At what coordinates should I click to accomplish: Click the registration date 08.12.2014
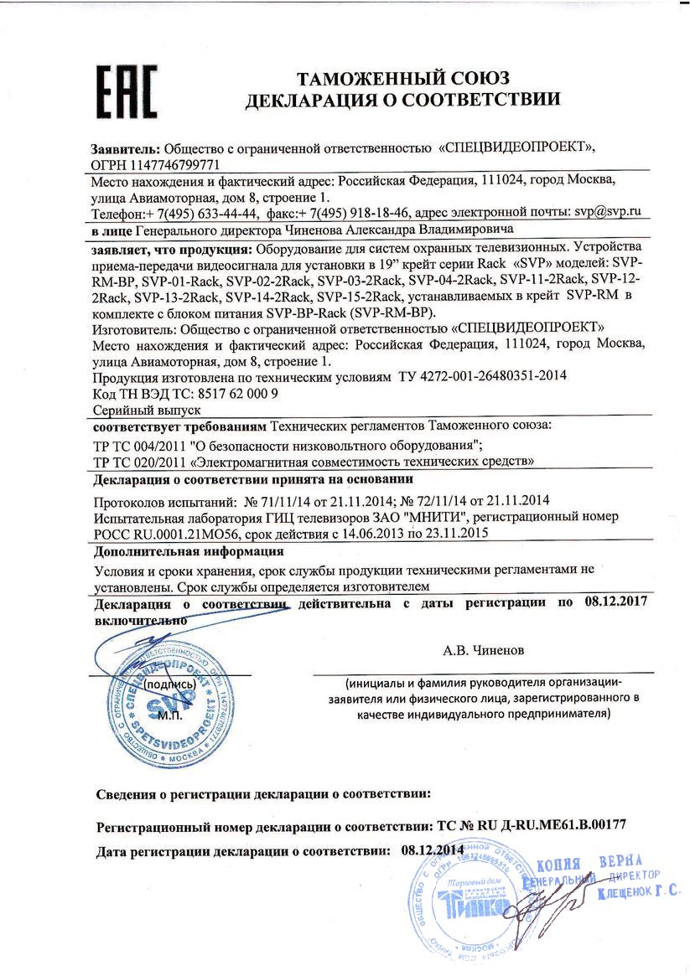coord(433,849)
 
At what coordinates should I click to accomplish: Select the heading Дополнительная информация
coord(189,552)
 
